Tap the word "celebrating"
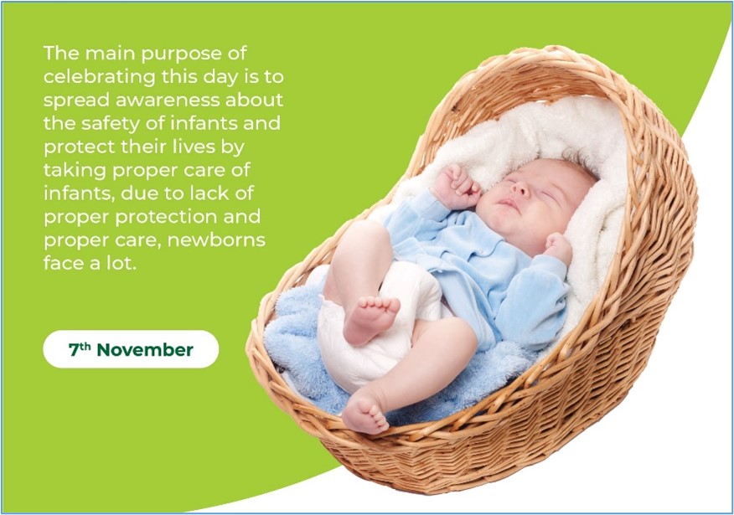(100, 76)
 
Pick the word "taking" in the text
(75, 170)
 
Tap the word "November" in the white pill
(145, 350)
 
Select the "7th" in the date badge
(80, 349)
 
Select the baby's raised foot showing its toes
(370, 318)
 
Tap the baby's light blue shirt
(487, 266)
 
